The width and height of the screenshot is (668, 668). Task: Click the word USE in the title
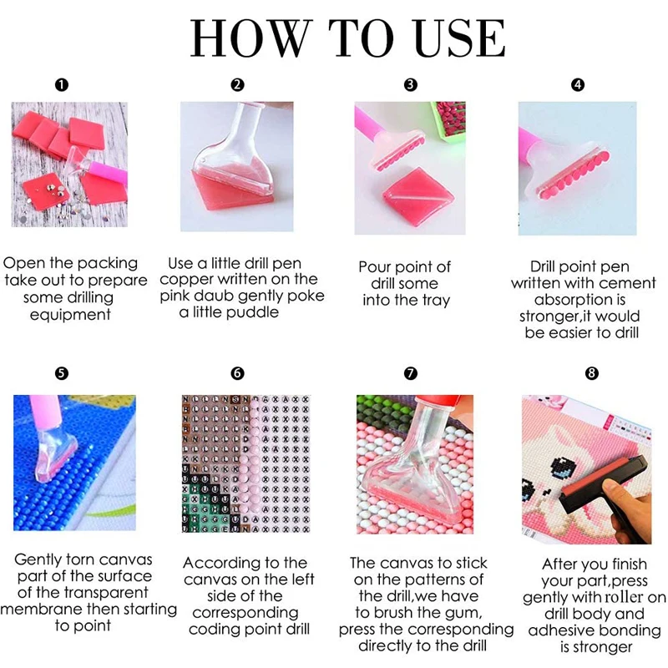[x=460, y=38]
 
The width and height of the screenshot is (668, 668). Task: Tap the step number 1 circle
[x=61, y=85]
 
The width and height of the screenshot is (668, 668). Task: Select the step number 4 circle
[x=578, y=85]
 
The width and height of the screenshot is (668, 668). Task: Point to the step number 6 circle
[x=237, y=373]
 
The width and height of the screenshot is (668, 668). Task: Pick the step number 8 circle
[x=592, y=373]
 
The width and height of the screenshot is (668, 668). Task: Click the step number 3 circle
[x=410, y=85]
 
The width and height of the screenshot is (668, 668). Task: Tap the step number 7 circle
[x=410, y=373]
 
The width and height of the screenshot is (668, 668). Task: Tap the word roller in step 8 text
[x=620, y=597]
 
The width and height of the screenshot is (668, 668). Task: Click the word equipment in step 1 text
[x=70, y=316]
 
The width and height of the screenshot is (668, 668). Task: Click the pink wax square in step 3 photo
[x=417, y=191]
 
